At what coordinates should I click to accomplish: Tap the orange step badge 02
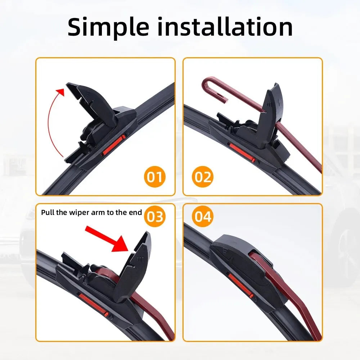(203, 177)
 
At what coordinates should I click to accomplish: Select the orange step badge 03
(155, 217)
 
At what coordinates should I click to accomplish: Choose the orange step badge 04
(203, 217)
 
